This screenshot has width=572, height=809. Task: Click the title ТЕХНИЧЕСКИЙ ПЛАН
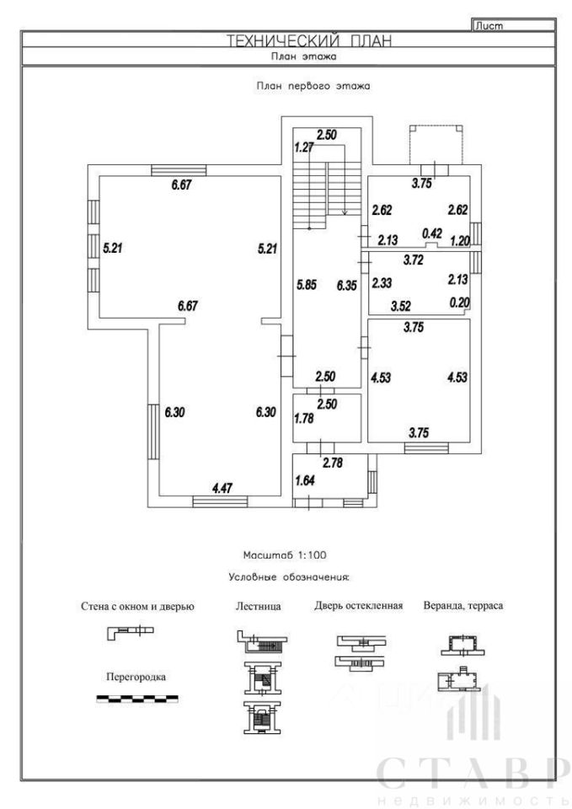pyautogui.click(x=309, y=40)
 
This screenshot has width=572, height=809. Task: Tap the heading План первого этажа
pyautogui.click(x=313, y=86)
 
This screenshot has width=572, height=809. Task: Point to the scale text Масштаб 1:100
pyautogui.click(x=285, y=555)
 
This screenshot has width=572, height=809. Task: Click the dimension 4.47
pyautogui.click(x=222, y=488)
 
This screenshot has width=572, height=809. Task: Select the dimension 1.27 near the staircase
pyautogui.click(x=304, y=147)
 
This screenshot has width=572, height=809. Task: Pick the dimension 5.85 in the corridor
pyautogui.click(x=307, y=284)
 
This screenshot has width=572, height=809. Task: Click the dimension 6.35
pyautogui.click(x=346, y=286)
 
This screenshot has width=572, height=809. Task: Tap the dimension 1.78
pyautogui.click(x=304, y=418)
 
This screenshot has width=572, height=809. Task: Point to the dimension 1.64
pyautogui.click(x=304, y=480)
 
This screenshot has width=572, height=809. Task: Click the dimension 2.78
pyautogui.click(x=333, y=463)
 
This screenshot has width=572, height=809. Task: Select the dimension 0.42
pyautogui.click(x=432, y=233)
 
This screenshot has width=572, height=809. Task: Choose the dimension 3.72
pyautogui.click(x=413, y=260)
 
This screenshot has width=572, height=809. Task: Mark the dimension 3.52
pyautogui.click(x=401, y=306)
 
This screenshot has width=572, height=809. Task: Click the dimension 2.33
pyautogui.click(x=382, y=283)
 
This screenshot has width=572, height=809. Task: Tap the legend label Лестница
pyautogui.click(x=259, y=606)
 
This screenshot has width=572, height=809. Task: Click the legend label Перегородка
pyautogui.click(x=136, y=677)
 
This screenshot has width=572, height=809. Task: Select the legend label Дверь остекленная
pyautogui.click(x=359, y=605)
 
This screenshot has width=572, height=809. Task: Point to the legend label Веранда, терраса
pyautogui.click(x=463, y=606)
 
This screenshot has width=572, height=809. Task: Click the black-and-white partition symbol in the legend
pyautogui.click(x=137, y=699)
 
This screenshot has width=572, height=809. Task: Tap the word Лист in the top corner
pyautogui.click(x=489, y=26)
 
